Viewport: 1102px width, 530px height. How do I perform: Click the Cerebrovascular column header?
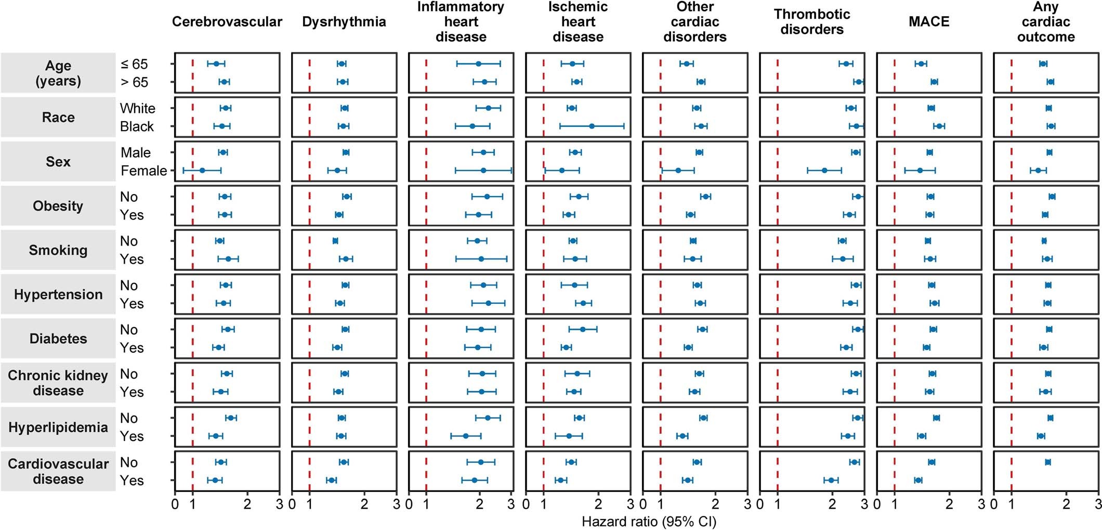pyautogui.click(x=227, y=22)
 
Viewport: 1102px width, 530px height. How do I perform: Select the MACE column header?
pyautogui.click(x=929, y=22)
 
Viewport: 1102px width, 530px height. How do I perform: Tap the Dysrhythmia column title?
pyautogui.click(x=344, y=22)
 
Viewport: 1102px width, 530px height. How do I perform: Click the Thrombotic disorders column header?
pyautogui.click(x=811, y=22)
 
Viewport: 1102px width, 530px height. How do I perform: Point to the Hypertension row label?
pyautogui.click(x=58, y=294)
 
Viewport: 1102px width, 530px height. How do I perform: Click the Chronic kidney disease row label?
pyautogui.click(x=58, y=383)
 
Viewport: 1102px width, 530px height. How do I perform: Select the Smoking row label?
pyautogui.click(x=58, y=250)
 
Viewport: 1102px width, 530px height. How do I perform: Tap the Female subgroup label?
pyautogui.click(x=143, y=171)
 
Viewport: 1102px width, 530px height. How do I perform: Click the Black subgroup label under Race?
pyautogui.click(x=137, y=126)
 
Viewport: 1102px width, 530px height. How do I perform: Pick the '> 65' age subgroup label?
pyautogui.click(x=134, y=82)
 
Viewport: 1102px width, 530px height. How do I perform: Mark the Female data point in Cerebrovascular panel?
pyautogui.click(x=202, y=170)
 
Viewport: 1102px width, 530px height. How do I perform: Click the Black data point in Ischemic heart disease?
pyautogui.click(x=592, y=126)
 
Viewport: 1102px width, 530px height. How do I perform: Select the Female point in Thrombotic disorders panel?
pyautogui.click(x=824, y=170)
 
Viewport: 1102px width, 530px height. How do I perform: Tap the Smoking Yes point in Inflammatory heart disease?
pyautogui.click(x=481, y=258)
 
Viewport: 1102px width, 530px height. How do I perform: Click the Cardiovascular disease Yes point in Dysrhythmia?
pyautogui.click(x=331, y=480)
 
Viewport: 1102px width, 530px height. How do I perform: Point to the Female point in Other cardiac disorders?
pyautogui.click(x=678, y=170)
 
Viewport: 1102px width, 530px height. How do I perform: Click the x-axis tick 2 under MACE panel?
pyautogui.click(x=949, y=504)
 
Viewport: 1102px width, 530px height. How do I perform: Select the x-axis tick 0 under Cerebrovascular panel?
pyautogui.click(x=175, y=504)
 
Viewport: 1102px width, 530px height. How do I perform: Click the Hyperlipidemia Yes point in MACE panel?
pyautogui.click(x=922, y=436)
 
